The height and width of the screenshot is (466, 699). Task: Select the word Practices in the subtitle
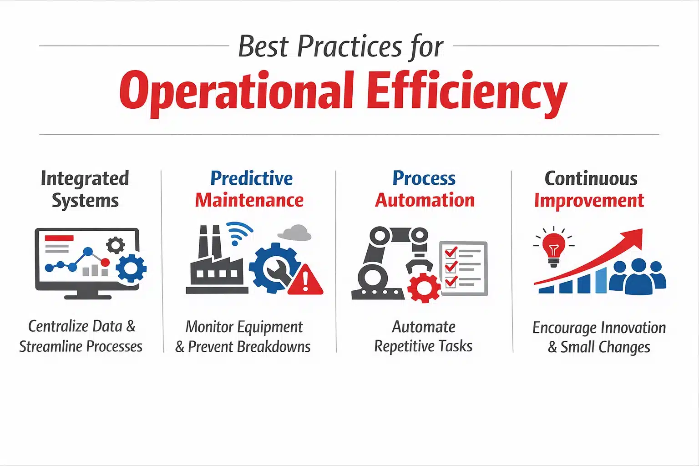click(349, 46)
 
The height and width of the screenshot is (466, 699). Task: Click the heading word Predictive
click(251, 178)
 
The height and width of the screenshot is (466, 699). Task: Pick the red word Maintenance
click(249, 200)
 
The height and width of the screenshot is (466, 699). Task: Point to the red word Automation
click(425, 200)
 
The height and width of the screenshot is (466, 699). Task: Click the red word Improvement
click(589, 200)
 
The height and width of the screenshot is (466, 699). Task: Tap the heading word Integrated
click(85, 178)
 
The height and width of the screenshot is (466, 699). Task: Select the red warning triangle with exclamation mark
click(305, 280)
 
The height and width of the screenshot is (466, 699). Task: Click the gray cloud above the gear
click(295, 233)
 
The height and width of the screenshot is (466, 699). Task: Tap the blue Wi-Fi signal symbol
click(238, 233)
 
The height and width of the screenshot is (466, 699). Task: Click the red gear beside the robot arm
click(424, 287)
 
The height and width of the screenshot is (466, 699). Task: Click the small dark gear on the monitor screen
click(115, 245)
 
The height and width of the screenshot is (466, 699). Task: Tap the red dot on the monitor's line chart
click(105, 262)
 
